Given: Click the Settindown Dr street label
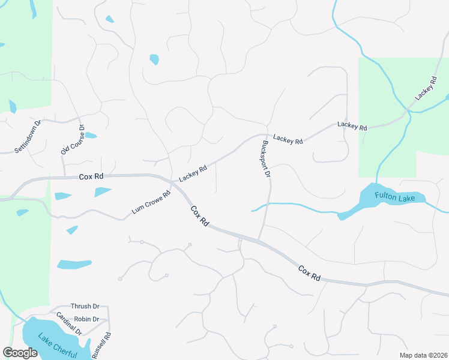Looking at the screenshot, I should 28,137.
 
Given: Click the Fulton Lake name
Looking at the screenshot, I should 391,196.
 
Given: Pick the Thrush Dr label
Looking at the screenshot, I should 85,306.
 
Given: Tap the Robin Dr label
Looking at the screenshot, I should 87,319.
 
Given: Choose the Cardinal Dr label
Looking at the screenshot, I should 69,323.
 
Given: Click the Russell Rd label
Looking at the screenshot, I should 102,345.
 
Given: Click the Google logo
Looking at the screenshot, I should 20,353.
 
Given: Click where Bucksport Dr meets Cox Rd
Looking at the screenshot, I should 259,241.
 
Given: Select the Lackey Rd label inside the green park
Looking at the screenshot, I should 424,88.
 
